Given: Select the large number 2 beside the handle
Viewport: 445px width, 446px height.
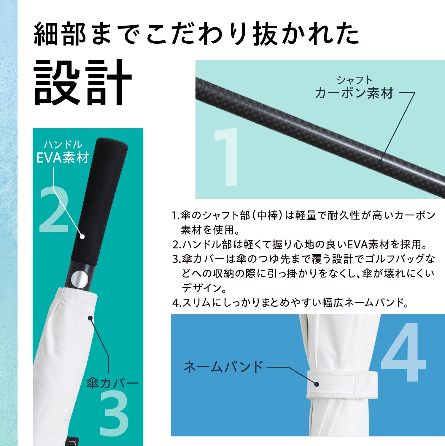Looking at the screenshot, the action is tap(54, 209).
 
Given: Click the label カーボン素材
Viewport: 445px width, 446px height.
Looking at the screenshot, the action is tap(355, 93).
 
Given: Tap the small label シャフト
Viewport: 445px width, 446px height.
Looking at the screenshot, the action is tap(355, 80).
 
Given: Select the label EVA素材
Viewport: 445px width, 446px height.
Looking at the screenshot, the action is tap(63, 158).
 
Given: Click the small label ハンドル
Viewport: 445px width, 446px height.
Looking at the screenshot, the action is tap(63, 144).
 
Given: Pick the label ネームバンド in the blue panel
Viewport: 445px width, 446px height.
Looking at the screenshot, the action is tap(223, 367).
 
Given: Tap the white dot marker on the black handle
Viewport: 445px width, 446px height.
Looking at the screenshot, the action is tap(82, 237).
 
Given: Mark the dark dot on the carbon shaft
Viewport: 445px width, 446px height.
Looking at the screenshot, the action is tap(380, 162).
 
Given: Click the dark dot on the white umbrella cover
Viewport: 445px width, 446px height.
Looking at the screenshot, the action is tap(90, 318).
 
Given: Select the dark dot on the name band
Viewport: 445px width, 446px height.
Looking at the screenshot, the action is tap(317, 384).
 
